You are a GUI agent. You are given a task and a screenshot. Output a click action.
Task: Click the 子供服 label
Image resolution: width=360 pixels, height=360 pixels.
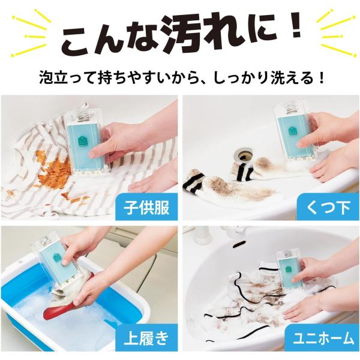pos(146,208)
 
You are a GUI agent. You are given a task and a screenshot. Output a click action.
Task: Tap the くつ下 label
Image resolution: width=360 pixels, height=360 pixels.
pos(328,208)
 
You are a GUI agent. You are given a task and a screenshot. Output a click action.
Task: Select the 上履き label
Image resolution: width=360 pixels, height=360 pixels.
pos(146,338)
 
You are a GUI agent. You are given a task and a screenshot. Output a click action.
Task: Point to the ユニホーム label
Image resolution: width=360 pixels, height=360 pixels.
pos(323,338)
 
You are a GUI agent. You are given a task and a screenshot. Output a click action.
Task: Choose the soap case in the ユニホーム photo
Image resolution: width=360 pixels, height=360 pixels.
pos(290,269)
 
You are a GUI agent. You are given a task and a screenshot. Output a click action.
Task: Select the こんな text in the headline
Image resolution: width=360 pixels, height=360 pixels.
pos(110,38)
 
